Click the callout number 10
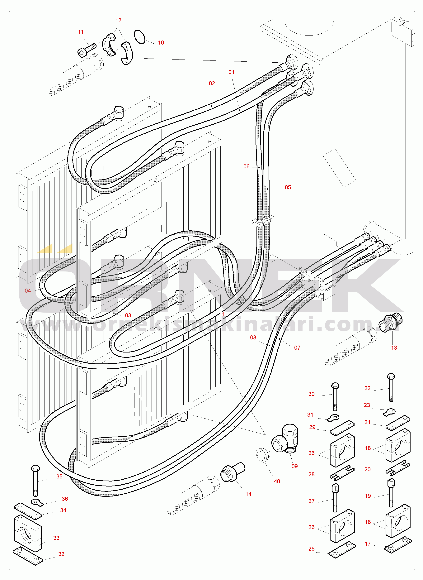pyautogui.click(x=161, y=43)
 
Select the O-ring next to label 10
pyautogui.click(x=139, y=37)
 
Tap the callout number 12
pyautogui.click(x=118, y=20)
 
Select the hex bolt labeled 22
pyautogui.click(x=391, y=387)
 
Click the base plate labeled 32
pyautogui.click(x=28, y=556)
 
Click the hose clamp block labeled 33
pyautogui.click(x=28, y=533)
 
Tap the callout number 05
pyautogui.click(x=288, y=187)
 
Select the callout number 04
pyautogui.click(x=28, y=290)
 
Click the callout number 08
pyautogui.click(x=253, y=337)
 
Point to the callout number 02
pyautogui.click(x=212, y=83)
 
